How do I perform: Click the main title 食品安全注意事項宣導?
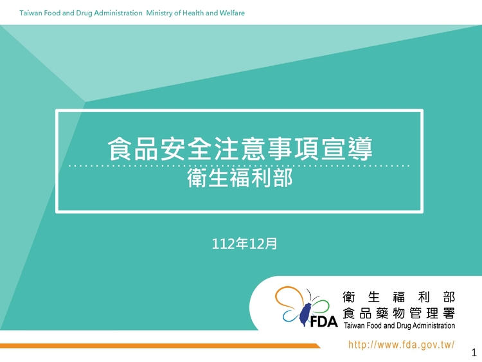click(x=240, y=149)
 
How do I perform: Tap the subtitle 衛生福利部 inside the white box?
click(x=240, y=177)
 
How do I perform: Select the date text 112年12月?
click(x=244, y=244)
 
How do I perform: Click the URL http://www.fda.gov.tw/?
click(x=401, y=345)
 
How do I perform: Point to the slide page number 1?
click(x=474, y=352)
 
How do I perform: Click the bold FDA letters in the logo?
click(x=324, y=321)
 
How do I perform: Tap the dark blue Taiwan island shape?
click(x=305, y=314)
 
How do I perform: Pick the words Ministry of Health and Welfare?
click(x=195, y=13)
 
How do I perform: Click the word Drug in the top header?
click(x=84, y=13)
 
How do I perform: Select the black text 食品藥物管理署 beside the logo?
click(x=398, y=313)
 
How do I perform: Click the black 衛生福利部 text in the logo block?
click(x=398, y=297)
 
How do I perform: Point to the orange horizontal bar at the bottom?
click(x=160, y=346)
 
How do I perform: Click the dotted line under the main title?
click(x=239, y=166)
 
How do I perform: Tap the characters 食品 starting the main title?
click(x=133, y=149)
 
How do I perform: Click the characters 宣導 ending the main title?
click(x=347, y=149)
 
